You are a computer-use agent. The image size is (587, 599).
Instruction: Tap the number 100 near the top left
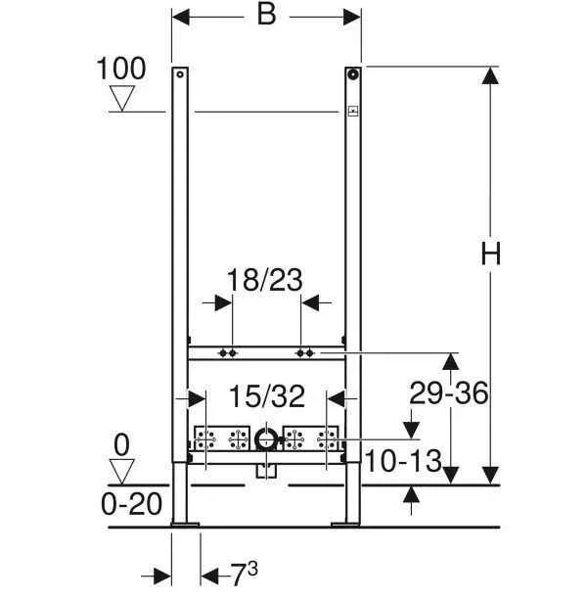coord(122,69)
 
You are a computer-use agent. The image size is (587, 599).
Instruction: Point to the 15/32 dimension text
coord(267,396)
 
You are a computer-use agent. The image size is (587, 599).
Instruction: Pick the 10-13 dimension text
coord(403,459)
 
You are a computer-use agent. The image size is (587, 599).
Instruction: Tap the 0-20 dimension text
coord(131,504)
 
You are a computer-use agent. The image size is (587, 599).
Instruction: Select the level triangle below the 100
coord(122,99)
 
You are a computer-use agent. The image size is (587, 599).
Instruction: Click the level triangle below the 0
coord(122,472)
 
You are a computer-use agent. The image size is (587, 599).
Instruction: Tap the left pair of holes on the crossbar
coord(228,350)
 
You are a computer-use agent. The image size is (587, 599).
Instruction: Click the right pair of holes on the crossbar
coord(305,350)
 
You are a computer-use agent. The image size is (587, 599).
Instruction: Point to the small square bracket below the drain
coord(265,471)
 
